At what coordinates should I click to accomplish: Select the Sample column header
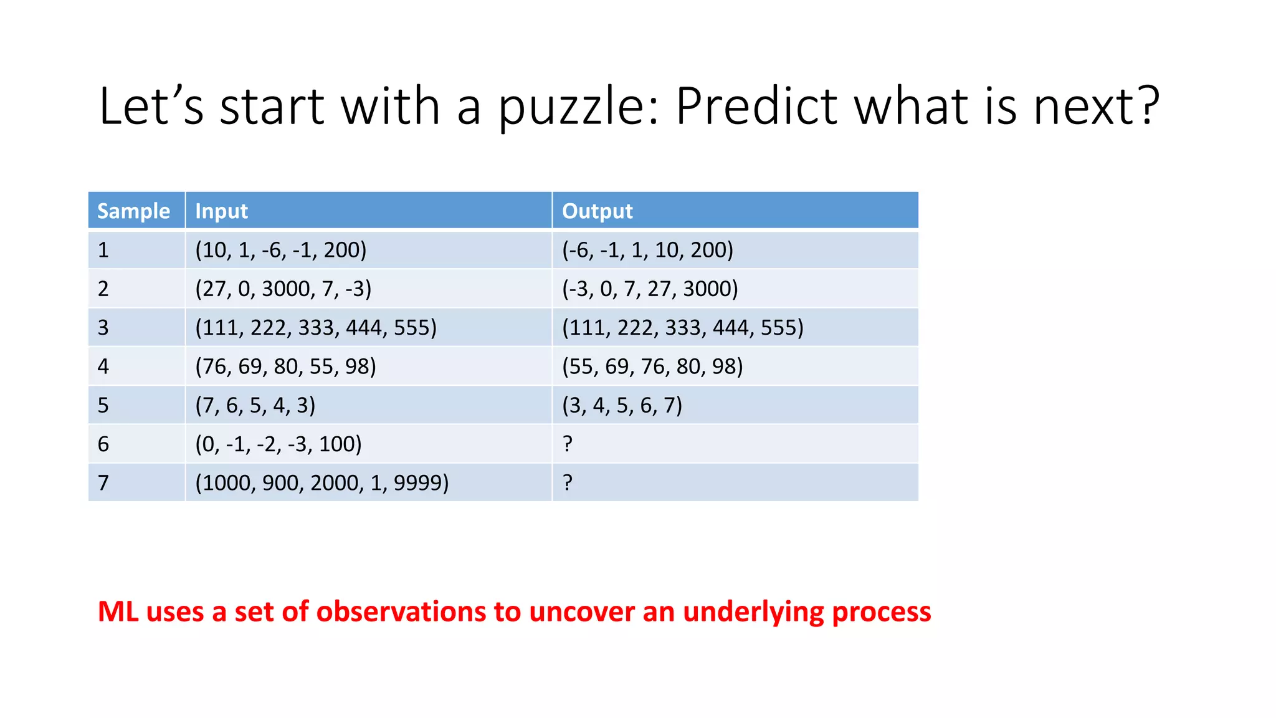(133, 211)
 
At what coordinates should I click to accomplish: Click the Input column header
(221, 211)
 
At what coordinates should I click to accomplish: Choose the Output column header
(597, 211)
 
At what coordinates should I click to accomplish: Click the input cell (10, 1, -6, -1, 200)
(280, 250)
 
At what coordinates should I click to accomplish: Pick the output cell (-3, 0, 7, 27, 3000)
(649, 289)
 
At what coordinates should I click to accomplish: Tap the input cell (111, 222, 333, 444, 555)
(315, 327)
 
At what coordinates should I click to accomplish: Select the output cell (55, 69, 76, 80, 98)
(652, 366)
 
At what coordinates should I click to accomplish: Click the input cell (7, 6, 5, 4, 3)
(255, 405)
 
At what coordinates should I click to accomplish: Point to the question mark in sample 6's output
(567, 444)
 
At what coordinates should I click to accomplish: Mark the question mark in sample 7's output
(567, 482)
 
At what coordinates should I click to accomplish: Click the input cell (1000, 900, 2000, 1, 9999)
(321, 482)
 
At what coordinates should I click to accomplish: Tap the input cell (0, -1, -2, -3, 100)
(278, 444)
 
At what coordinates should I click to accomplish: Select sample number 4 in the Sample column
(103, 366)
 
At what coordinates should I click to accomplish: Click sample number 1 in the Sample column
(103, 250)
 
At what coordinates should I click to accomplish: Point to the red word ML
(118, 611)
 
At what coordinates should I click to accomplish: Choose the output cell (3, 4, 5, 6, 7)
(622, 405)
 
